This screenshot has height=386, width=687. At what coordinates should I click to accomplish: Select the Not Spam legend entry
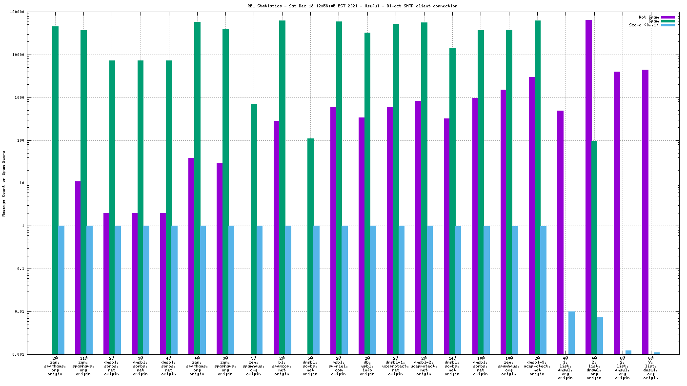[648, 17]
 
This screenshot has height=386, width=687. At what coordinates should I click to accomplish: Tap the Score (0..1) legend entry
[644, 25]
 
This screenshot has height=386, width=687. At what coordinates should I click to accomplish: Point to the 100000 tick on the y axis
[32, 12]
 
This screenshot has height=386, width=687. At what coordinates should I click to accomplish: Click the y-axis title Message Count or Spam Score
[4, 183]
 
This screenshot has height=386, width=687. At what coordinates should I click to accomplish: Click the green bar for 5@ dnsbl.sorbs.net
[310, 246]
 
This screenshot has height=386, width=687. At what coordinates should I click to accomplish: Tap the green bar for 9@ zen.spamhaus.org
[254, 229]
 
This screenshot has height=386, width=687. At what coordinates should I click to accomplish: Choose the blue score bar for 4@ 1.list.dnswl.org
[571, 333]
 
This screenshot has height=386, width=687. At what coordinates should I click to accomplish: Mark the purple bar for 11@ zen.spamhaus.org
[78, 268]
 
